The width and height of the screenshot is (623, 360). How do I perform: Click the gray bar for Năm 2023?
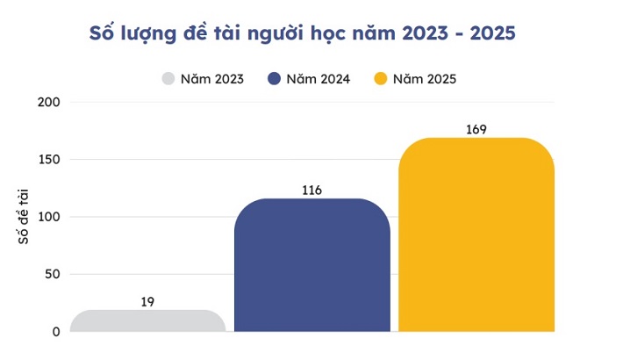pyautogui.click(x=147, y=320)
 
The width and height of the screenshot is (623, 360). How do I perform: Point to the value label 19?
pyautogui.click(x=147, y=302)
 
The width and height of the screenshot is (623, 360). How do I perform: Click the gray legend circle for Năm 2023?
pyautogui.click(x=168, y=79)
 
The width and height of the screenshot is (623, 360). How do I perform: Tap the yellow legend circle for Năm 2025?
pyautogui.click(x=380, y=79)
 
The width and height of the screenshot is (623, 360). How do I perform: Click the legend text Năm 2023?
pyautogui.click(x=211, y=79)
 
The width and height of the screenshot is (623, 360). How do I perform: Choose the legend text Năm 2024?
pyautogui.click(x=319, y=79)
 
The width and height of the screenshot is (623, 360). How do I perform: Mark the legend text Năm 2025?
pyautogui.click(x=425, y=79)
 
